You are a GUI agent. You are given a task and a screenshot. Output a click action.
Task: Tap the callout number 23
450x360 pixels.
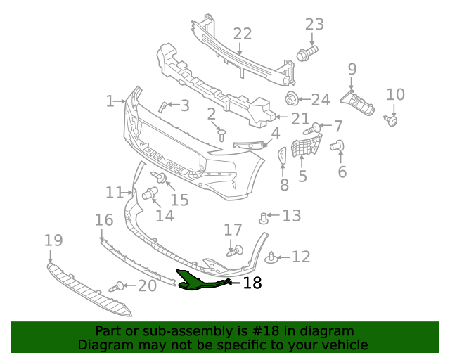click(314, 24)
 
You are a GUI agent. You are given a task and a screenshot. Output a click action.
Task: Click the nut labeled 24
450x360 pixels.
click(290, 98)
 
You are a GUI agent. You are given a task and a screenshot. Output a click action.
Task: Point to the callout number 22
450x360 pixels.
click(242, 34)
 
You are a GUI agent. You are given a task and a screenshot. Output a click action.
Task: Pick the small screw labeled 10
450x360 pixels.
click(392, 122)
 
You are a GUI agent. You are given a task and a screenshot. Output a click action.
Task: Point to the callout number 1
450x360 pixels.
click(110, 101)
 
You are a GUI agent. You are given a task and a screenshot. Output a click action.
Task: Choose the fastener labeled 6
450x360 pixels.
click(337, 146)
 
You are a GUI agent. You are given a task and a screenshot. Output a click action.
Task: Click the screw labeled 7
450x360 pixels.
click(311, 129)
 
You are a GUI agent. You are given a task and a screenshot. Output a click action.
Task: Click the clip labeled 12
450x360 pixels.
click(273, 259)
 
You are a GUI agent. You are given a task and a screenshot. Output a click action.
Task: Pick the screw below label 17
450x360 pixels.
click(234, 249)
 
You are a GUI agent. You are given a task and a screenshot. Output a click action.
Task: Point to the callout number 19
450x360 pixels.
click(53, 240)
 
